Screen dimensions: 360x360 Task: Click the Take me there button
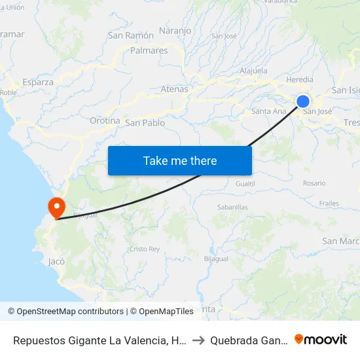[180, 160]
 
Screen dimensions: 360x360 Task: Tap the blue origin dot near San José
[303, 101]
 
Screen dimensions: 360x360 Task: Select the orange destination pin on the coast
[57, 207]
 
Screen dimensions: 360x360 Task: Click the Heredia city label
[300, 80]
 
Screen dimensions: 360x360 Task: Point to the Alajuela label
[254, 70]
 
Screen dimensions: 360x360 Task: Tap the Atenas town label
[174, 89]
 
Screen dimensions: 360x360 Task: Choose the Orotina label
[105, 121]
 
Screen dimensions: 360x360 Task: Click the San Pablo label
[145, 122]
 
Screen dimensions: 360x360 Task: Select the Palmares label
[149, 50]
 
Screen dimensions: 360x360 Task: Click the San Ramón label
[131, 35]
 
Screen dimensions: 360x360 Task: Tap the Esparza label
[38, 82]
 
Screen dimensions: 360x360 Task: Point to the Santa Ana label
[269, 111]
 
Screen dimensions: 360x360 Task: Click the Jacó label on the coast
[56, 261]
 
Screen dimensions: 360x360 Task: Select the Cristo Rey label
[145, 249]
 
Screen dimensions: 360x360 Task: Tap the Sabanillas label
[232, 207]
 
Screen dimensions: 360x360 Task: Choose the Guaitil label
[245, 184]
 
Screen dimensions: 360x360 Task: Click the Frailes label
[329, 204]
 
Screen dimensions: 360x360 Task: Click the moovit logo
[321, 339]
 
